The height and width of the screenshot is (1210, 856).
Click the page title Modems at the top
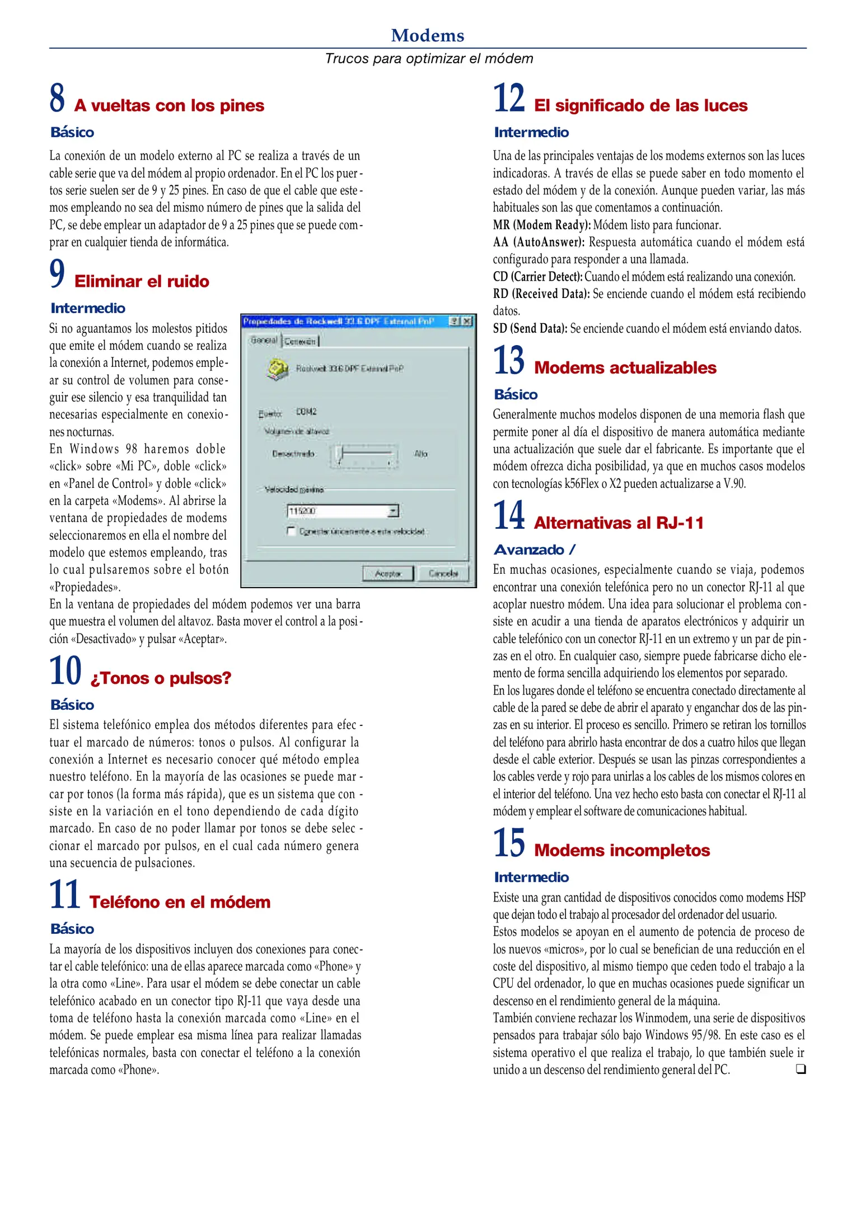[428, 35]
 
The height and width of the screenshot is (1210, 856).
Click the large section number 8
[57, 98]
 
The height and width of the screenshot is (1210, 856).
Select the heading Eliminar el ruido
[142, 281]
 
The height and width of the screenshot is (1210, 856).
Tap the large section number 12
[508, 98]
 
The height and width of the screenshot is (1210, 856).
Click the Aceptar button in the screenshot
[387, 573]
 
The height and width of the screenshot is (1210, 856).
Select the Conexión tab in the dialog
[300, 341]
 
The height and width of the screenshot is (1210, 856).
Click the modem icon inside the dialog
[277, 369]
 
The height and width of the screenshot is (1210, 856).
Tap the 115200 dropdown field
[343, 510]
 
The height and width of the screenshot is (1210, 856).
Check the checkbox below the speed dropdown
[291, 530]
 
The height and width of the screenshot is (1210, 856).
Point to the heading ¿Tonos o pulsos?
[161, 678]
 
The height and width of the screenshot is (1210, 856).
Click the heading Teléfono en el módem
[180, 902]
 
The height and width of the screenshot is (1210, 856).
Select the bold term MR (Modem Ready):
[541, 225]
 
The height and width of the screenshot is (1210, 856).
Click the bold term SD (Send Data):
[530, 329]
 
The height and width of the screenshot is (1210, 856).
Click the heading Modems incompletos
[621, 850]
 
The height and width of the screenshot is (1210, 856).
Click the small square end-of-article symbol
[800, 1069]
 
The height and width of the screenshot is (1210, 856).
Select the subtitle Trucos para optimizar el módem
[429, 58]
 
